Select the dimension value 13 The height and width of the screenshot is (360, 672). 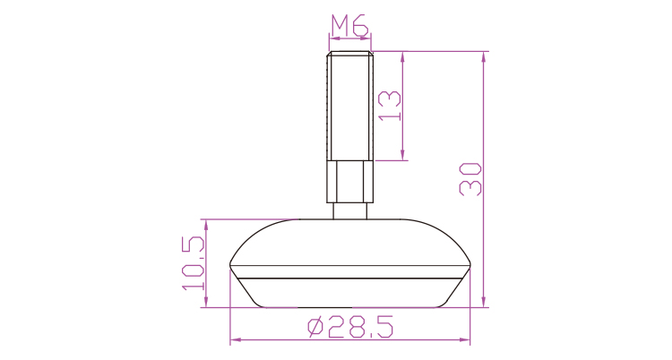[x=390, y=106]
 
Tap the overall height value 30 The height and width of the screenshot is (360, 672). [x=470, y=179]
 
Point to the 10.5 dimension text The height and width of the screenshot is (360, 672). [x=193, y=263]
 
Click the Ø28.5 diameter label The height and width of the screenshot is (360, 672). [x=350, y=328]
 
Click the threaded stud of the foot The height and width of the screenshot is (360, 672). [x=349, y=106]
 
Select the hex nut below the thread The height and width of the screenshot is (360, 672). [x=349, y=181]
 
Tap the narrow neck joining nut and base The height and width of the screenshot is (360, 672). [x=349, y=210]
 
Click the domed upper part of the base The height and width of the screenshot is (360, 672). [x=350, y=242]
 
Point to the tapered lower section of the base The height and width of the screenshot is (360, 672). [x=350, y=293]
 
